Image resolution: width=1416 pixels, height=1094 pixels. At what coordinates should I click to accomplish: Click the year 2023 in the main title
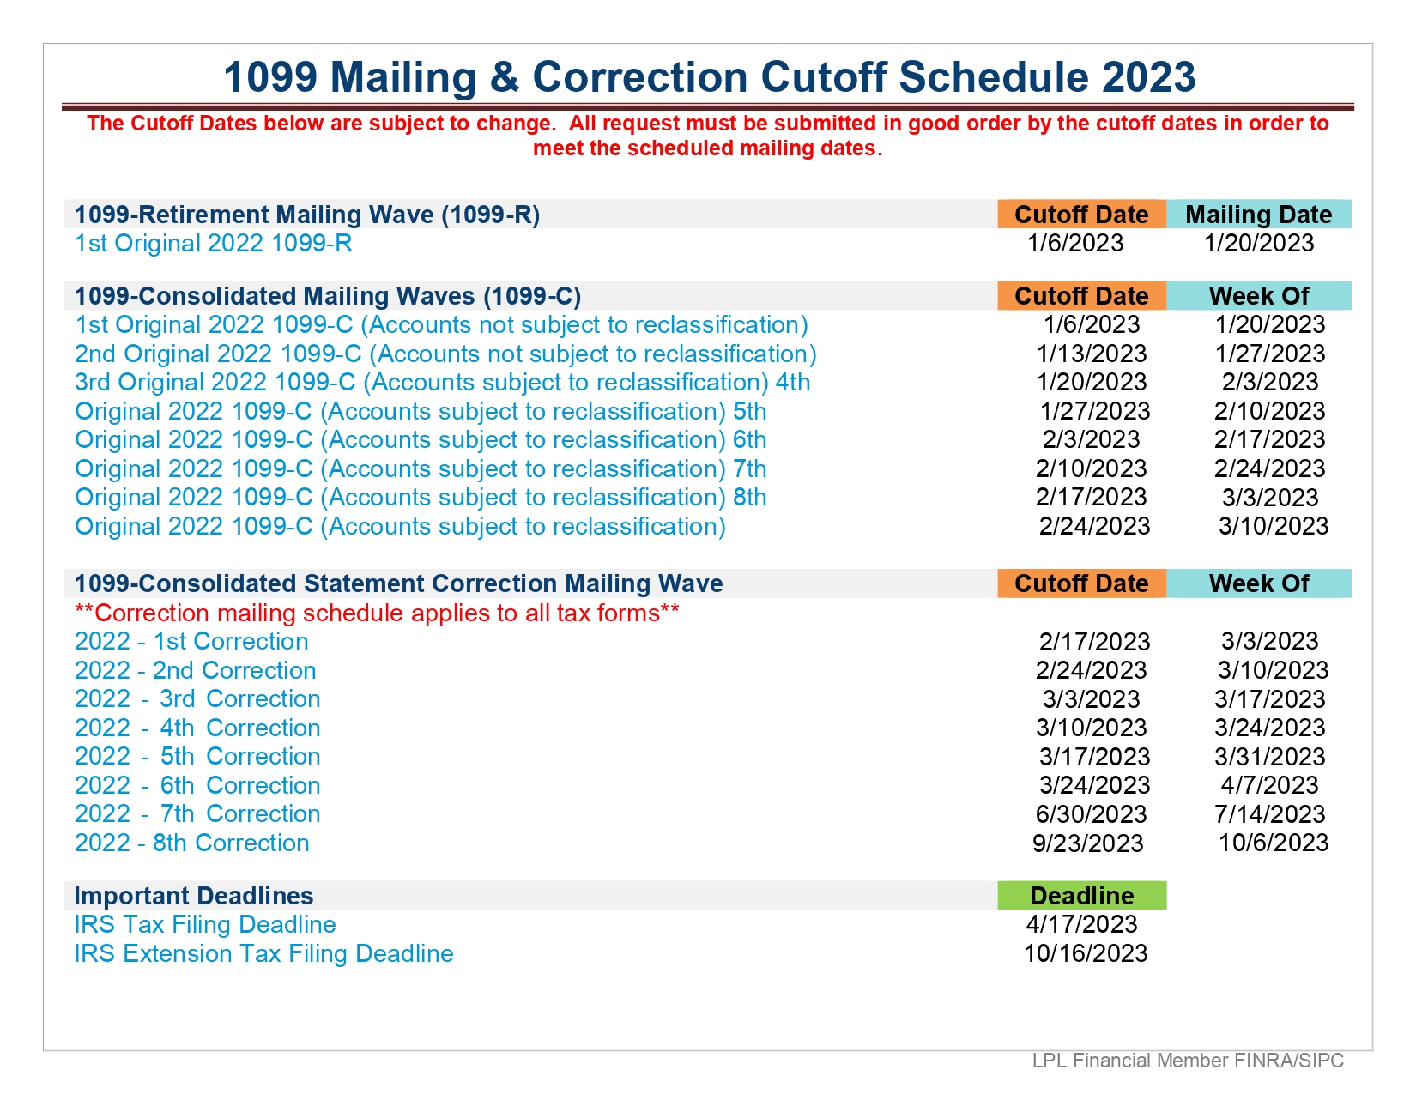[1148, 77]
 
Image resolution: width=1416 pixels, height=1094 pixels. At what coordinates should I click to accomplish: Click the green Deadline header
[1081, 895]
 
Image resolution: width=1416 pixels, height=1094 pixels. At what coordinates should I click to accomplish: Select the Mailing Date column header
[1258, 215]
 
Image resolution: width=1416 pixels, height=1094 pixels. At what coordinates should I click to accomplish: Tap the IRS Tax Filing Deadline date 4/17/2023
[1081, 924]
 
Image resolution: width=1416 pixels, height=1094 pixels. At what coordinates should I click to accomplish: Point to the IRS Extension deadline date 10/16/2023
[1086, 953]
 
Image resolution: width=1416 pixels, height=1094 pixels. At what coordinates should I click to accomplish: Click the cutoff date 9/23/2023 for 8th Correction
[1087, 843]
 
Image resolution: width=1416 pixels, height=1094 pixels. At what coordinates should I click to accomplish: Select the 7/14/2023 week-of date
[1269, 813]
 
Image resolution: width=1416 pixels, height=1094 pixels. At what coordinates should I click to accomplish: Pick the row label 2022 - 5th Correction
[197, 757]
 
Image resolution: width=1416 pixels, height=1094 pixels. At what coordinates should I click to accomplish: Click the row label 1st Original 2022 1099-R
[213, 243]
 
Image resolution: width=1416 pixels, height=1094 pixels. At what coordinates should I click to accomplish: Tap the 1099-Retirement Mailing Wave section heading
[307, 215]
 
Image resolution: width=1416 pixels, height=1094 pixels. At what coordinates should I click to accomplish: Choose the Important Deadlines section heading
[194, 896]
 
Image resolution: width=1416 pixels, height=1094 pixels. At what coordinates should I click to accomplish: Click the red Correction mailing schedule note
[377, 613]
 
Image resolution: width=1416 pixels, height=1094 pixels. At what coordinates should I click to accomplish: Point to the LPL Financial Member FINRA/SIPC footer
[1188, 1061]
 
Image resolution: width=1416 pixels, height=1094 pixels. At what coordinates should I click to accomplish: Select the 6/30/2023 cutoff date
[1091, 813]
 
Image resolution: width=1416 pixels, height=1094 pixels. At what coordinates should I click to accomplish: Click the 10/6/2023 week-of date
[1274, 843]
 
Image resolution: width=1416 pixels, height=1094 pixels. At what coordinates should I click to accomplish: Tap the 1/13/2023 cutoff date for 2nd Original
[1092, 354]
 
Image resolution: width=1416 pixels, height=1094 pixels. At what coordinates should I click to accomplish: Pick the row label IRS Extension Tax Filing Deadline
[263, 953]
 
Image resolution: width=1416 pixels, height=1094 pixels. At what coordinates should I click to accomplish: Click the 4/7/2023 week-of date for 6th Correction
[1269, 785]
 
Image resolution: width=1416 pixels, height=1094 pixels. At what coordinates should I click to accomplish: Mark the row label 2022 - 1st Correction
[191, 641]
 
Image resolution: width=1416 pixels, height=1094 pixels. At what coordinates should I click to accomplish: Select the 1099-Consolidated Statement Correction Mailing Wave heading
[398, 583]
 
